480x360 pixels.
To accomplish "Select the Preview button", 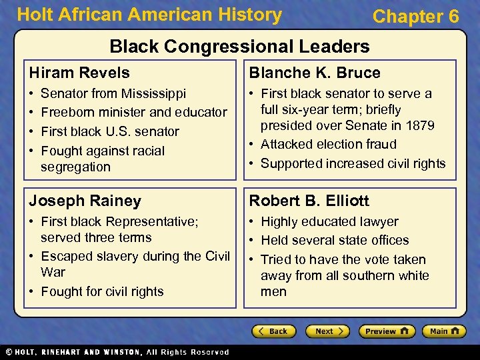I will [387, 331].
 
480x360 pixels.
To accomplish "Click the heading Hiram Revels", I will [79, 73].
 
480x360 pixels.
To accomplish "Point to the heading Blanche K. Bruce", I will [315, 73].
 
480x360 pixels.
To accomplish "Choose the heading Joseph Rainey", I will [85, 201].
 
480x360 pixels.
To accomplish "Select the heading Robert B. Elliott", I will [309, 201].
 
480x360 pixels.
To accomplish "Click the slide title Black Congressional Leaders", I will [239, 46].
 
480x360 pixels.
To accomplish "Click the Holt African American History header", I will [149, 15].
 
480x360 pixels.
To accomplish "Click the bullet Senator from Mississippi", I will [113, 93].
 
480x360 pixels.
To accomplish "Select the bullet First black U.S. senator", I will [109, 131].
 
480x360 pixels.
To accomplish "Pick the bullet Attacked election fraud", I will [328, 145].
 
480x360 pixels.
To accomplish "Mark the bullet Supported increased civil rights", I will [353, 163].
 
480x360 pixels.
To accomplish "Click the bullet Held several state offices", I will [335, 240].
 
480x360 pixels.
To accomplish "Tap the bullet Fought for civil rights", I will [102, 291].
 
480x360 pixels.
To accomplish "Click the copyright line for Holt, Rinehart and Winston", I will [116, 352].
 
